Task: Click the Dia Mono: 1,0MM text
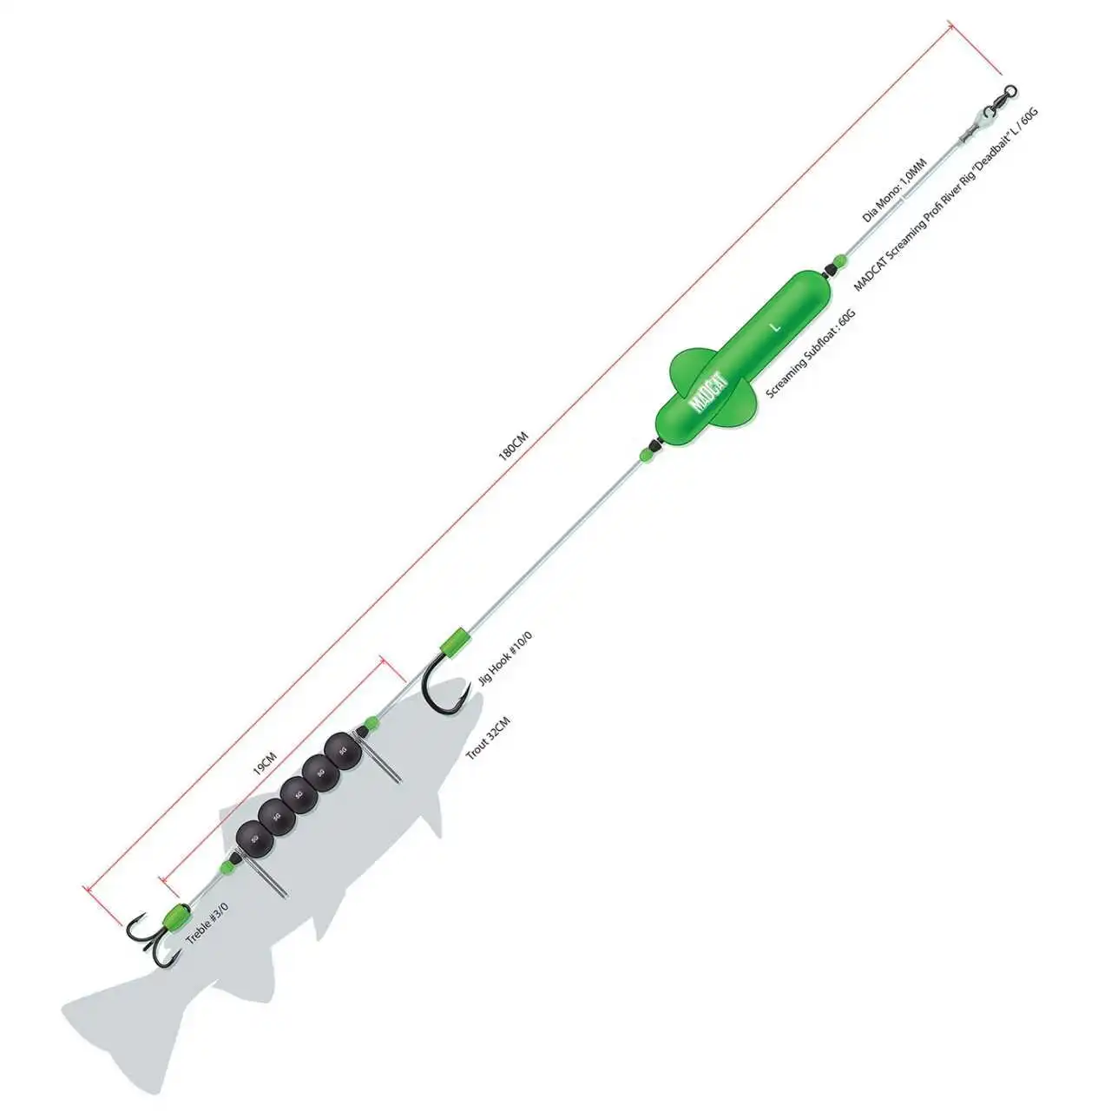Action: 895,190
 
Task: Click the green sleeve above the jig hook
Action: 453,641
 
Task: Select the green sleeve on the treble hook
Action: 177,916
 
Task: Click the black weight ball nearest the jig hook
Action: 341,748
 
